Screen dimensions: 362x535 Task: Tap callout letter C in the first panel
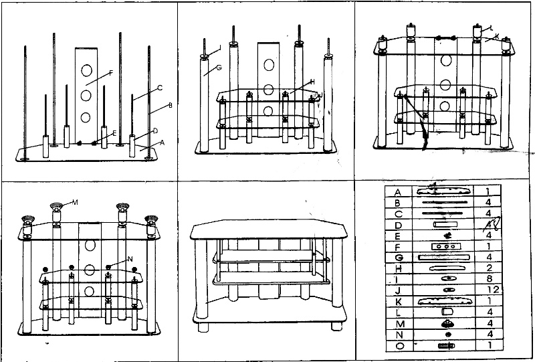pos(160,88)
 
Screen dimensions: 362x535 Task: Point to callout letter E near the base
pos(114,133)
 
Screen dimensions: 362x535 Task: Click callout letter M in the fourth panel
pos(75,201)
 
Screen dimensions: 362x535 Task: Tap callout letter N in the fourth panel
pos(129,259)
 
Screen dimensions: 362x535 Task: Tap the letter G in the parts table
pos(398,256)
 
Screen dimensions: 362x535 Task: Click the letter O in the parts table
pos(398,345)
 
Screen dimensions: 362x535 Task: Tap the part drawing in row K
pos(445,300)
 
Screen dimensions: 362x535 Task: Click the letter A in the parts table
pos(398,191)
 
